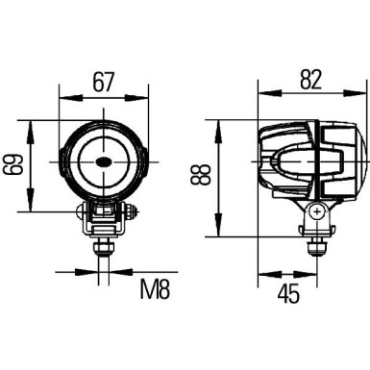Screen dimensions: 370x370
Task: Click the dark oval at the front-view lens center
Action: [103, 165]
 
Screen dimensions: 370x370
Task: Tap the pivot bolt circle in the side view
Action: [314, 211]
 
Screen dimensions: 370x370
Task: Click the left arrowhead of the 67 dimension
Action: [62, 97]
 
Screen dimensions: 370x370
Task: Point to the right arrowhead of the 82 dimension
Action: [363, 97]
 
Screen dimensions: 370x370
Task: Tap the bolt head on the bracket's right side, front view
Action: [127, 211]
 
